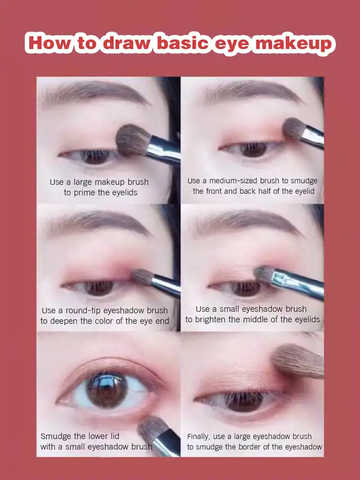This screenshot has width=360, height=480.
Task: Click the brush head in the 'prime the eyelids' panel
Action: coord(133,140)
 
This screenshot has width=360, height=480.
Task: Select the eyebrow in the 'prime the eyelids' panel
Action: coord(95,92)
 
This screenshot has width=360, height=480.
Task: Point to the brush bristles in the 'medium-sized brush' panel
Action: coord(294,128)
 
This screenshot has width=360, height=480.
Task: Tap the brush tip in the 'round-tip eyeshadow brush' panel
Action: coord(143,276)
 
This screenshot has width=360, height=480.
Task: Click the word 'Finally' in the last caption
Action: coord(199,437)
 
